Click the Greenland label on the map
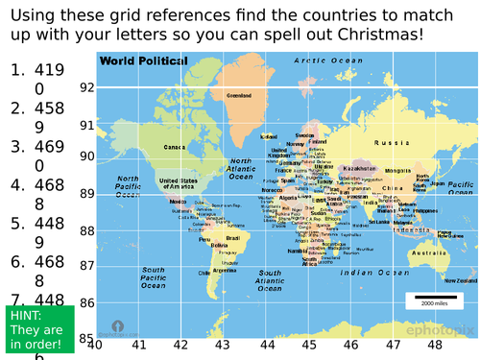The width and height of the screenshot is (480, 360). tap(238, 96)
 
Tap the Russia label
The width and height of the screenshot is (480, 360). tap(391, 142)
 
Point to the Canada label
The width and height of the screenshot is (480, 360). tap(174, 148)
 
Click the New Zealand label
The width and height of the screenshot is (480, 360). tap(458, 279)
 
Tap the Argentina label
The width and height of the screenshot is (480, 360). tap(225, 271)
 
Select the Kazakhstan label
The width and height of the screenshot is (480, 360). tap(359, 168)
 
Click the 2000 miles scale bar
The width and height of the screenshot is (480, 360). tap(433, 299)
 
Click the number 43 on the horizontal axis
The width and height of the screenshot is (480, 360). tap(222, 347)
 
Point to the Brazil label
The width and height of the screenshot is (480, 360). tap(232, 237)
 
